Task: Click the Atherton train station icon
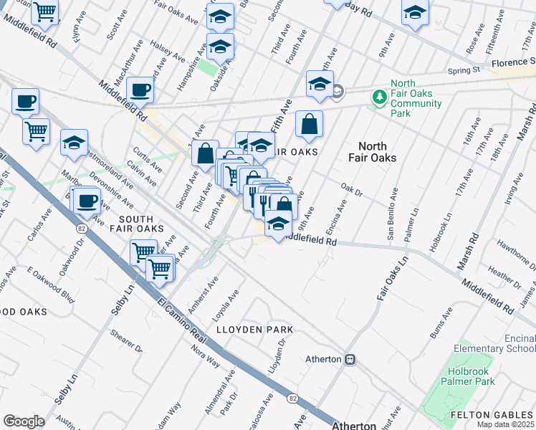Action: coord(350,359)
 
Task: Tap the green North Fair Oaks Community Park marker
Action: coord(378,96)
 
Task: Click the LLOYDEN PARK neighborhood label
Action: coord(255,330)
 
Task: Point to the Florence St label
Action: coord(512,63)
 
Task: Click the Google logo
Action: coord(23,421)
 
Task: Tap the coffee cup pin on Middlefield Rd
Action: coord(140,90)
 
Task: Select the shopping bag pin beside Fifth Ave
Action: coord(309,124)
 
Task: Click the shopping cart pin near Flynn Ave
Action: coord(45,11)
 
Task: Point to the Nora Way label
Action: coord(205,356)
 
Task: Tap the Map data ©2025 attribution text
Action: coord(506,424)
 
